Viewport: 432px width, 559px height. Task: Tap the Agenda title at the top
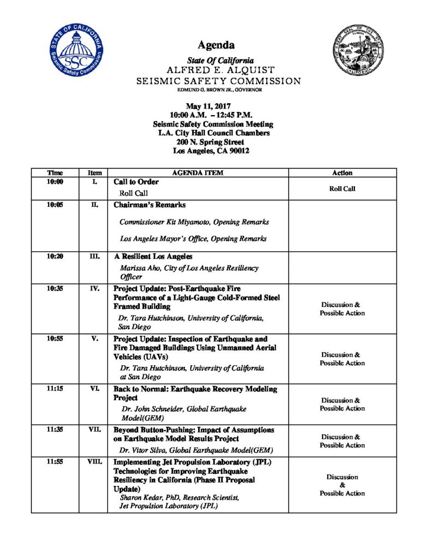coord(216,45)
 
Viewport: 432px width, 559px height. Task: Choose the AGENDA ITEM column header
coord(198,173)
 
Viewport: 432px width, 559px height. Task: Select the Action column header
coord(342,173)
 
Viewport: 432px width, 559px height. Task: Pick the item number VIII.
coord(94,462)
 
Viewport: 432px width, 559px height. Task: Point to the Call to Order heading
coord(136,182)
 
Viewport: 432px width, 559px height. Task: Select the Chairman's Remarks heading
coord(149,205)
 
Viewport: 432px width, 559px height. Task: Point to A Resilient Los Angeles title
coord(153,257)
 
